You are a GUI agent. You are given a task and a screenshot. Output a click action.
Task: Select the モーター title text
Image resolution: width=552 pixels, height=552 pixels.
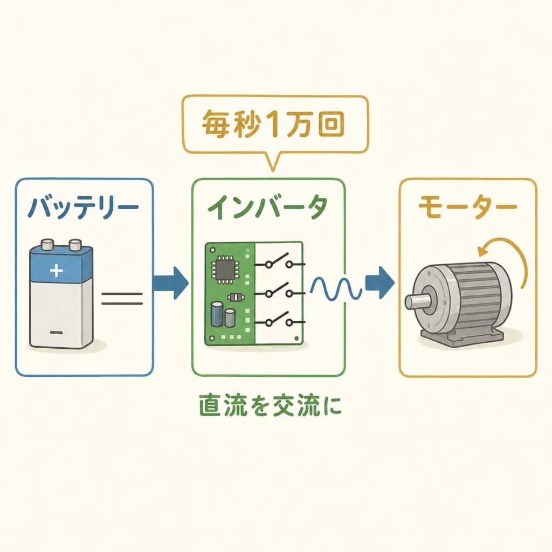[x=467, y=206]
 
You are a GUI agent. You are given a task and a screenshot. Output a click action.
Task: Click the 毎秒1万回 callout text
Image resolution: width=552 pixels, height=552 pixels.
[x=273, y=125]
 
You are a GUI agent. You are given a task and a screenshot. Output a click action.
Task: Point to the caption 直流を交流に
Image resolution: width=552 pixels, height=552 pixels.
[x=271, y=405]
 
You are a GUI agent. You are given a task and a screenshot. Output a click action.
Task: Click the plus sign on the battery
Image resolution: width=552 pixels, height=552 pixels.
[x=56, y=271]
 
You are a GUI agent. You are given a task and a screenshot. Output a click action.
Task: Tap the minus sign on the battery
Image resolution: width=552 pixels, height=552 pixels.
[x=56, y=332]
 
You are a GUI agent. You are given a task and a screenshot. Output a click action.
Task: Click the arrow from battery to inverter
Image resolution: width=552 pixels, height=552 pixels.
[x=171, y=283]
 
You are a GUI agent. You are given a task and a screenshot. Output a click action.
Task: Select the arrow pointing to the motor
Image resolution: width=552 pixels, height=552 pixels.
[x=379, y=282]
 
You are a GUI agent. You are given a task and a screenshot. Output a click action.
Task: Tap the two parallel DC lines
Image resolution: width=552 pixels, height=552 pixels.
[x=122, y=299]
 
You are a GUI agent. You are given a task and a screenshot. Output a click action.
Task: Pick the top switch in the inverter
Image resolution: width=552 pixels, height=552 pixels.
[x=280, y=261]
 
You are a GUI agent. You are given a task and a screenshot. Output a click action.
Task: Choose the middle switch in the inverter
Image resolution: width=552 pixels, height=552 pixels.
[x=280, y=291]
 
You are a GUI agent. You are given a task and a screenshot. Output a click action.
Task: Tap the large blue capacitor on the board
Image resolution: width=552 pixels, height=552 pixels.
[x=217, y=314]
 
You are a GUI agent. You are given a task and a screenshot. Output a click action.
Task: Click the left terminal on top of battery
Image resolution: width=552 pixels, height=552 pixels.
[x=47, y=244]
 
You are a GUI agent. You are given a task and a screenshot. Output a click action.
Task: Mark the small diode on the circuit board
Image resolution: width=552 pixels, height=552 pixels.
[x=236, y=298]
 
